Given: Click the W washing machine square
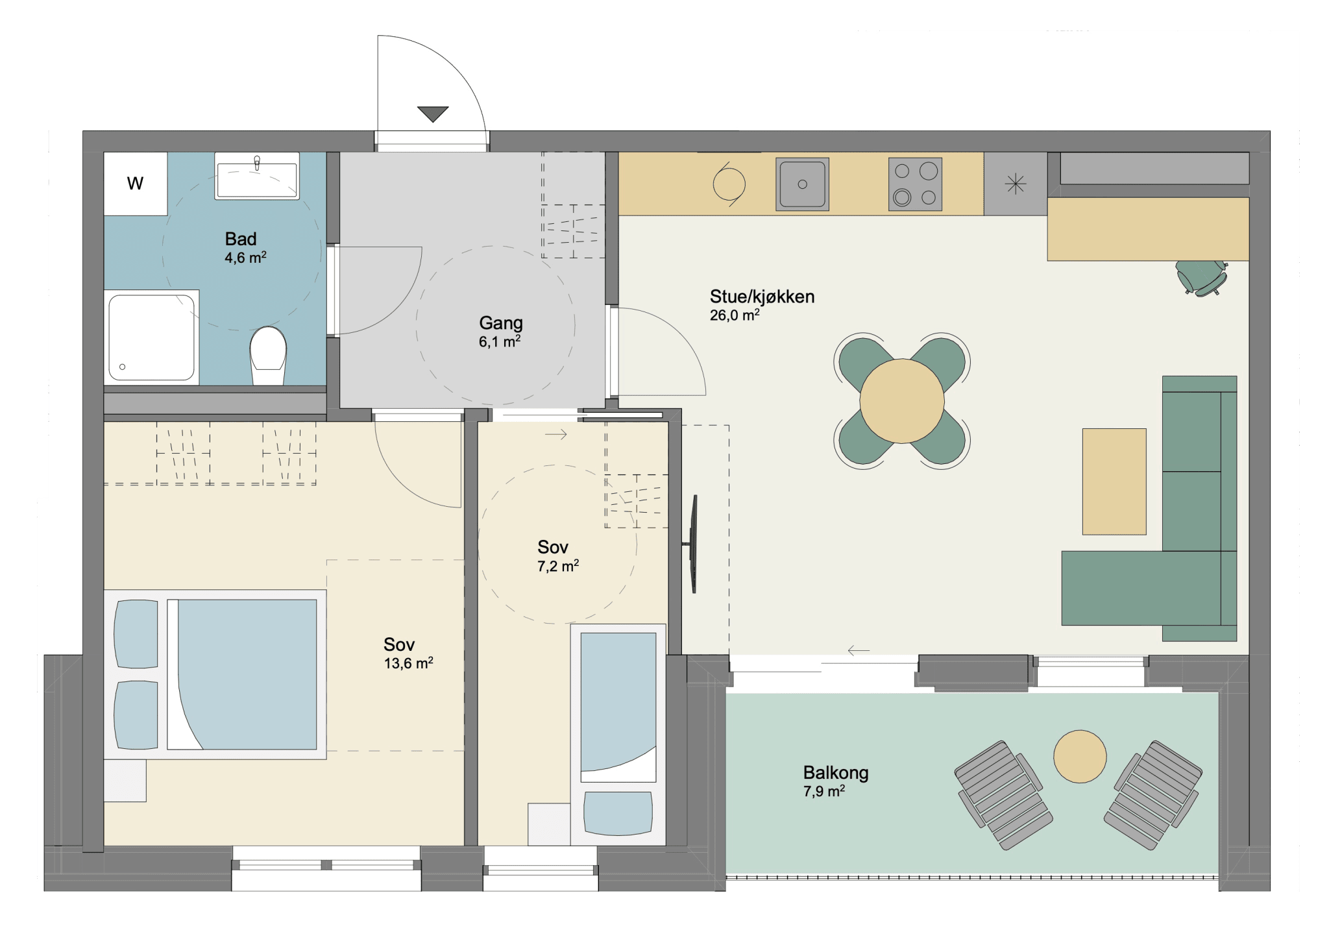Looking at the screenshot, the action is [x=136, y=184].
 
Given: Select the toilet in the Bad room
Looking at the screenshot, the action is [x=268, y=356].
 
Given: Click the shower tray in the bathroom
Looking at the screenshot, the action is [x=152, y=337].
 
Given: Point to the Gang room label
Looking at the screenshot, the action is [x=500, y=332].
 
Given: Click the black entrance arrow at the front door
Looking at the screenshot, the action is [x=433, y=114].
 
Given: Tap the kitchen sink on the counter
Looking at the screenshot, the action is [x=802, y=184].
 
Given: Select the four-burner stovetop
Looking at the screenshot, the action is [x=915, y=184].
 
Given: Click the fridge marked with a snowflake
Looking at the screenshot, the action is [x=1016, y=184].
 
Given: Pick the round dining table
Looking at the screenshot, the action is [x=902, y=401].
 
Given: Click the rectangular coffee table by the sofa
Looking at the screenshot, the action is [x=1114, y=482].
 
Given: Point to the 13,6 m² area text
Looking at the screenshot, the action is [x=408, y=663].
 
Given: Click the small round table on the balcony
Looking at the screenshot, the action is [x=1080, y=757].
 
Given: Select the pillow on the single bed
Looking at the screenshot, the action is [x=618, y=813].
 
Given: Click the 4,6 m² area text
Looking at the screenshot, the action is [x=245, y=258].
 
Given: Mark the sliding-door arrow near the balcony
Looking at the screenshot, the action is [x=859, y=650].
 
